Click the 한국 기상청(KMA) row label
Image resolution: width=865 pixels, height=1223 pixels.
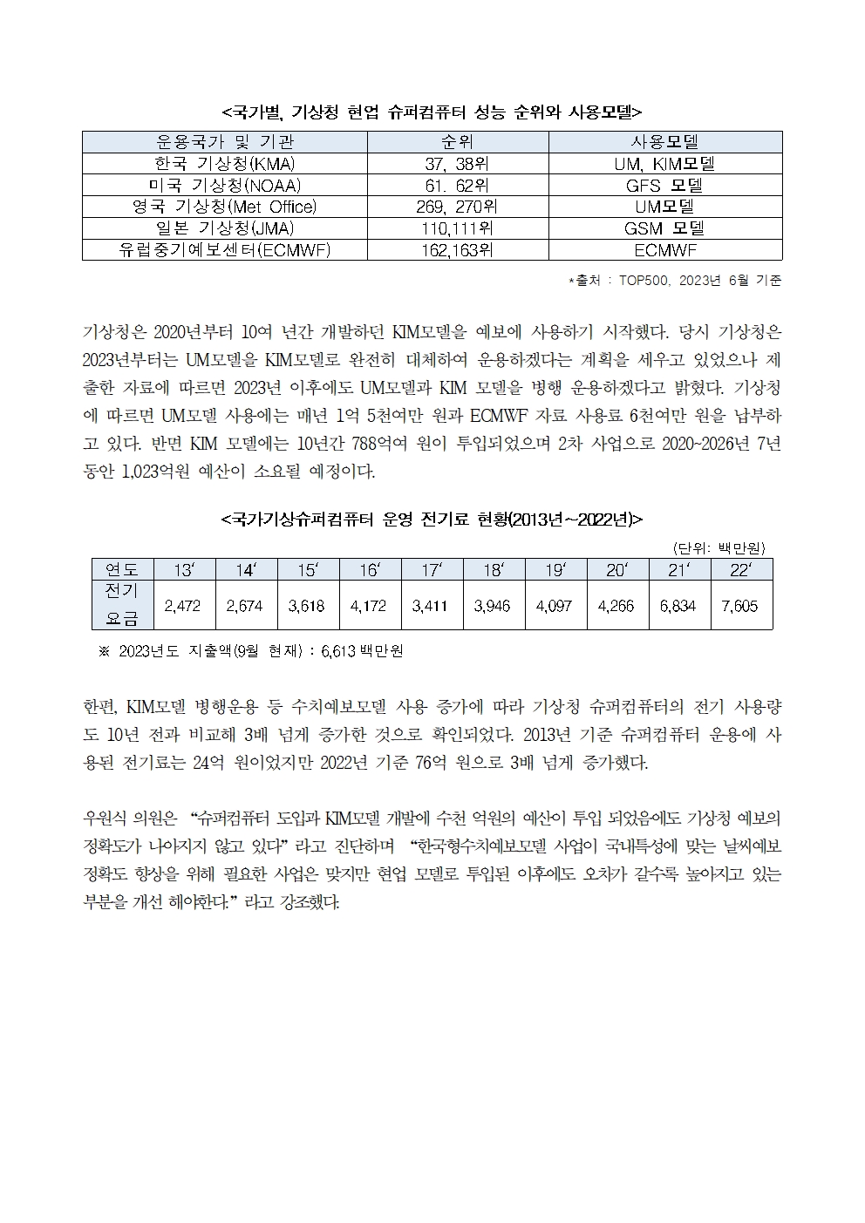pos(224,164)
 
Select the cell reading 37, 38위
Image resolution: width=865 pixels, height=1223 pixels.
pos(457,164)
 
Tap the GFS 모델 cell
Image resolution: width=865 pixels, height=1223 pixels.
pos(664,186)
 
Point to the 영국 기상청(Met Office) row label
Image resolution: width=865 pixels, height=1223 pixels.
pos(224,207)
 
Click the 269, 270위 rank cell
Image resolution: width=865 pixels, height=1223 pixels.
pos(457,207)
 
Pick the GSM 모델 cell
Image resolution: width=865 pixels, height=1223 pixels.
pos(664,228)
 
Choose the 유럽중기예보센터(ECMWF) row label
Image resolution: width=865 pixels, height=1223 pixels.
pos(224,250)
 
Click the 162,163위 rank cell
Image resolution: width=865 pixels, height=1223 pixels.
pos(457,250)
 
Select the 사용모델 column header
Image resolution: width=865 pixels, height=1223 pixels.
pos(664,142)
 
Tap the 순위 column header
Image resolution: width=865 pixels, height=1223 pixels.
pos(457,142)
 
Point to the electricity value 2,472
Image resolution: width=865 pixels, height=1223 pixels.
pos(183,606)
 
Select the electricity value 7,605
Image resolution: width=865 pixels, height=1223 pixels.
pos(740,606)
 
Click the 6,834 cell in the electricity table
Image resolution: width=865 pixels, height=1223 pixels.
pos(678,606)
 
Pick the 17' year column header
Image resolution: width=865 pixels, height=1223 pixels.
pos(431,570)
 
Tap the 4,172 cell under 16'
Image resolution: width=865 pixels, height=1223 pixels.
pos(369,606)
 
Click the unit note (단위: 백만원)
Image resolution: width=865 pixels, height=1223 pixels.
pos(719,547)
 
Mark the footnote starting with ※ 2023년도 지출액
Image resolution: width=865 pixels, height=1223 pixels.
pos(251,651)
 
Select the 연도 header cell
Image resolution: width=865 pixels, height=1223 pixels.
pos(122,570)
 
